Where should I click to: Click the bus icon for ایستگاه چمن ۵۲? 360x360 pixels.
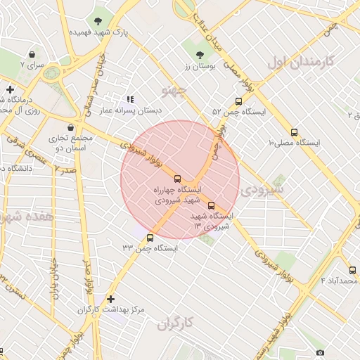click(x=239, y=101)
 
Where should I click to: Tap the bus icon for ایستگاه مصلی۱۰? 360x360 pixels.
click(x=294, y=132)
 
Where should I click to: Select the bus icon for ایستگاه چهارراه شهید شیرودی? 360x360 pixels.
click(x=177, y=179)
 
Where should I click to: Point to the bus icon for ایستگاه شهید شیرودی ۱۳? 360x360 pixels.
click(x=212, y=205)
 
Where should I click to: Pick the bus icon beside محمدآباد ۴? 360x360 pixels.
click(x=352, y=270)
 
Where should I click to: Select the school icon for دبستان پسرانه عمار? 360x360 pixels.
click(x=129, y=100)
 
